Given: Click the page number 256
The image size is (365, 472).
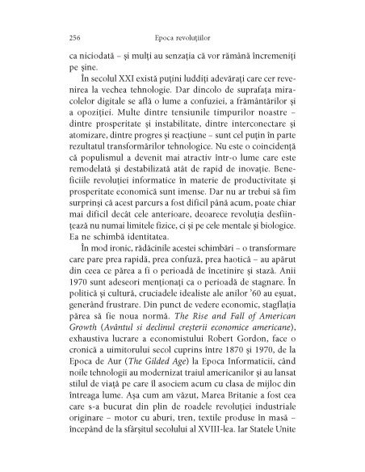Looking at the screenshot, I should pyautogui.click(x=55, y=38).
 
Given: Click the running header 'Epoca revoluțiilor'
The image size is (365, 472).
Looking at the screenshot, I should pyautogui.click(x=182, y=38).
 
